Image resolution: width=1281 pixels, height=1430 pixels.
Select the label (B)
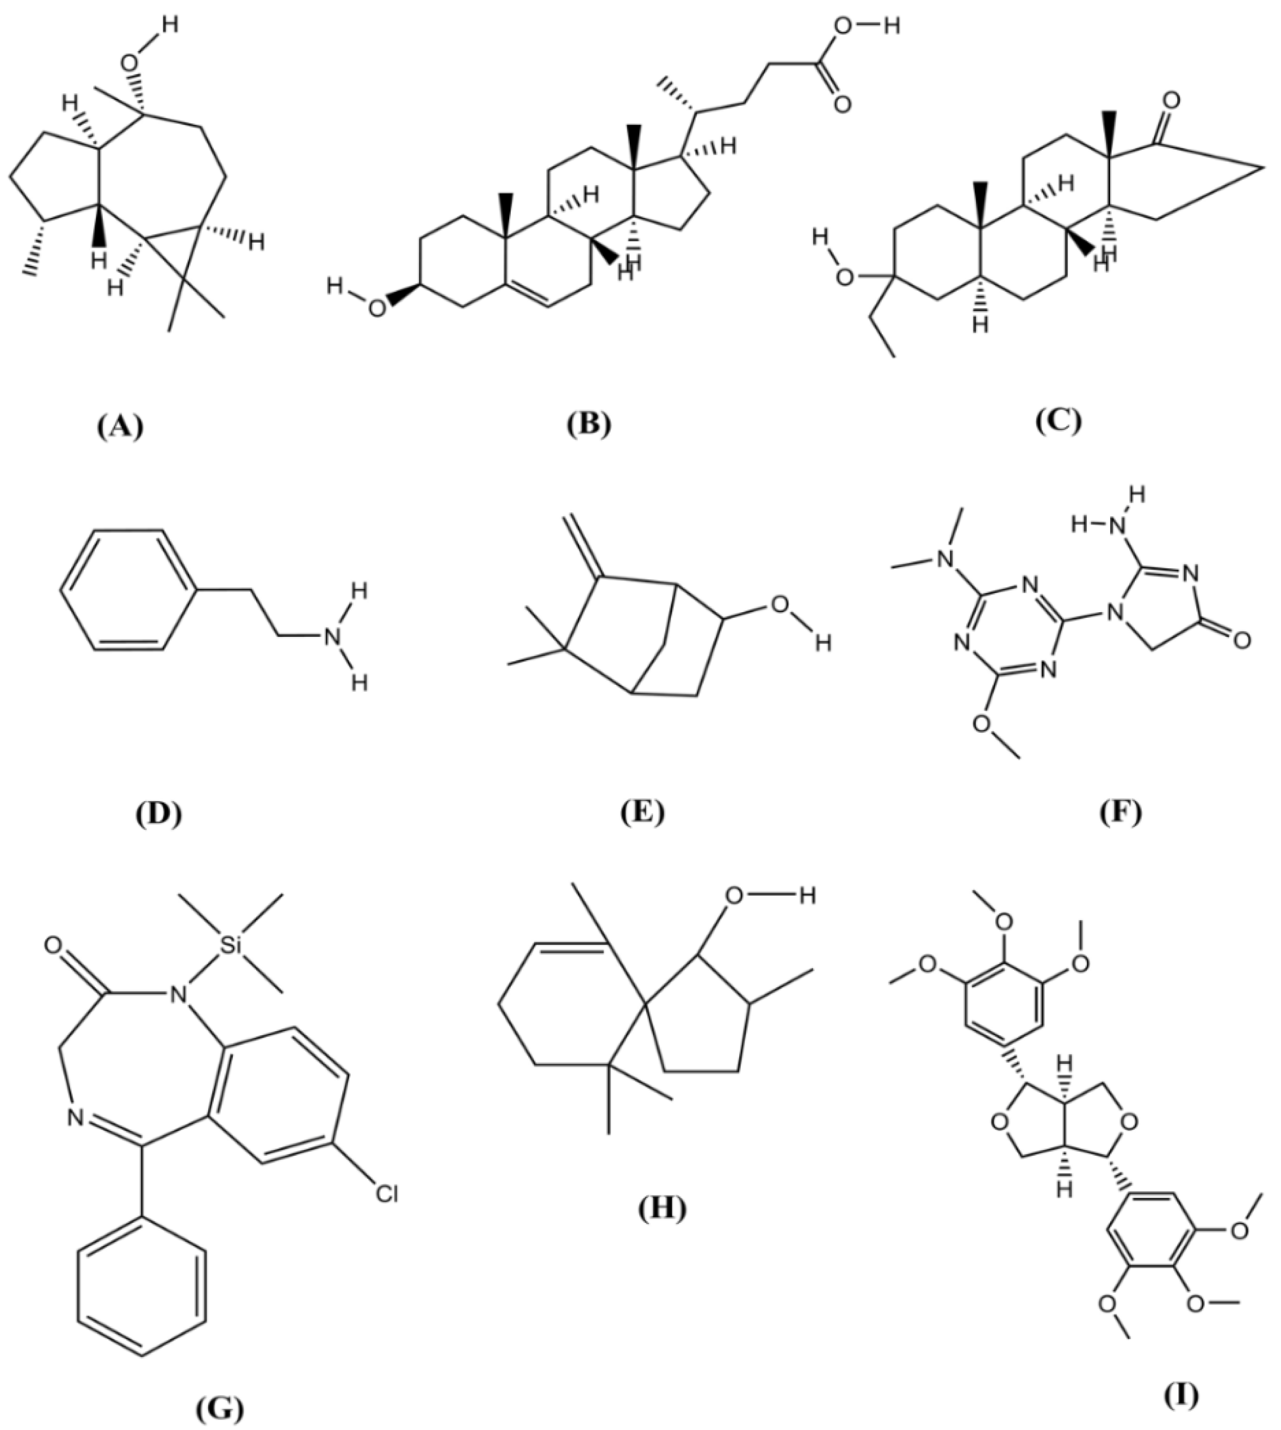[590, 424]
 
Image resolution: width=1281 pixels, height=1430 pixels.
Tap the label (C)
[1057, 421]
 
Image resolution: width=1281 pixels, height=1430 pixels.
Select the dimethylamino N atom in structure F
[947, 558]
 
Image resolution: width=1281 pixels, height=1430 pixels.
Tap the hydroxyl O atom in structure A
[130, 62]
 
